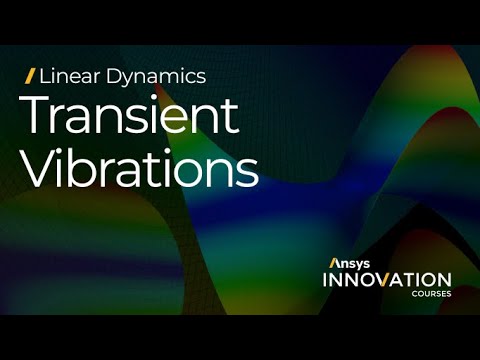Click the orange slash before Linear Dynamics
tap(31, 75)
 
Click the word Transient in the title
tap(130, 117)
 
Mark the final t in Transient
tap(232, 118)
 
